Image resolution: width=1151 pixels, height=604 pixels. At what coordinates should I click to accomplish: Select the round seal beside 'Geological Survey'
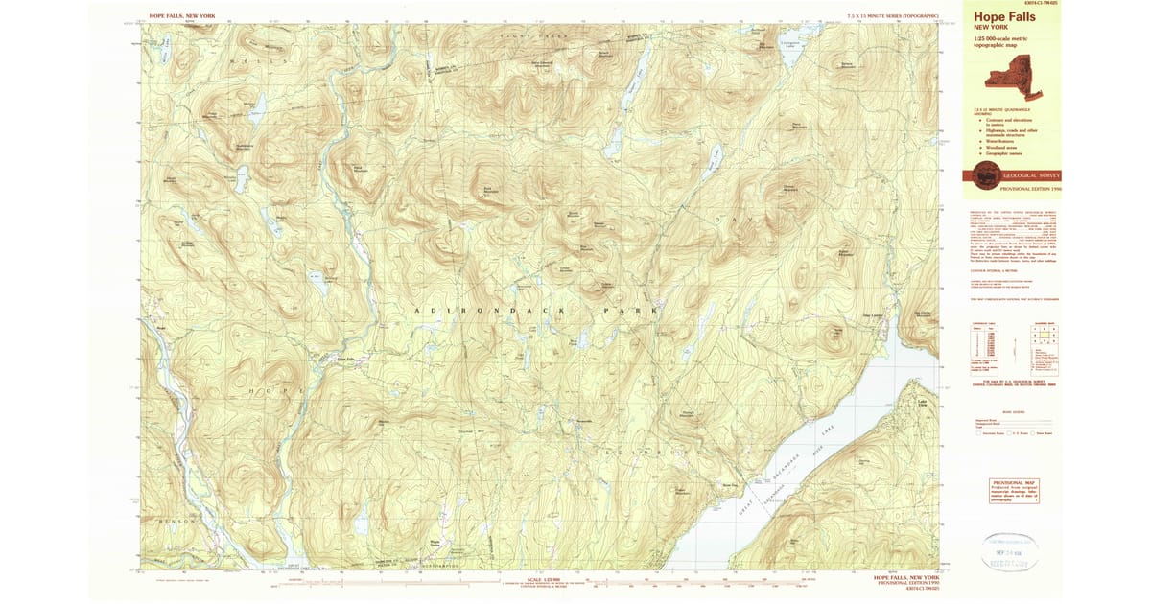[x=984, y=176]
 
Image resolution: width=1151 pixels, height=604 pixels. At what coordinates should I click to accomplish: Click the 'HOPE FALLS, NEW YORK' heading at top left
[x=183, y=16]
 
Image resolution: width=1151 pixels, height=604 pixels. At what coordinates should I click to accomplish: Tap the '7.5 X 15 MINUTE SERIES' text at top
[x=893, y=16]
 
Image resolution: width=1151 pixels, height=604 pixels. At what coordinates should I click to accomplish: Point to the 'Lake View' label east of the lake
[x=924, y=403]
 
